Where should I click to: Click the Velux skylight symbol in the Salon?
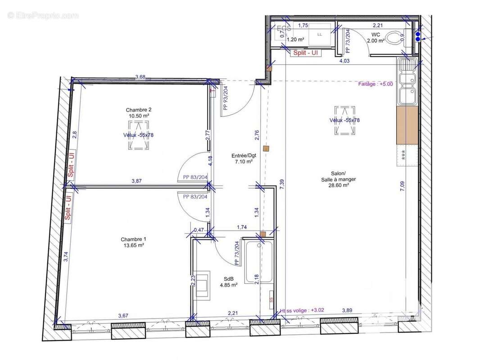coord(344,120)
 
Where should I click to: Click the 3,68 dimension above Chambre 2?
coord(140,77)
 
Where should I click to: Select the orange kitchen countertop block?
coord(408,125)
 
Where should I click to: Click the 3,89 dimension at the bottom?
coord(347,310)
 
